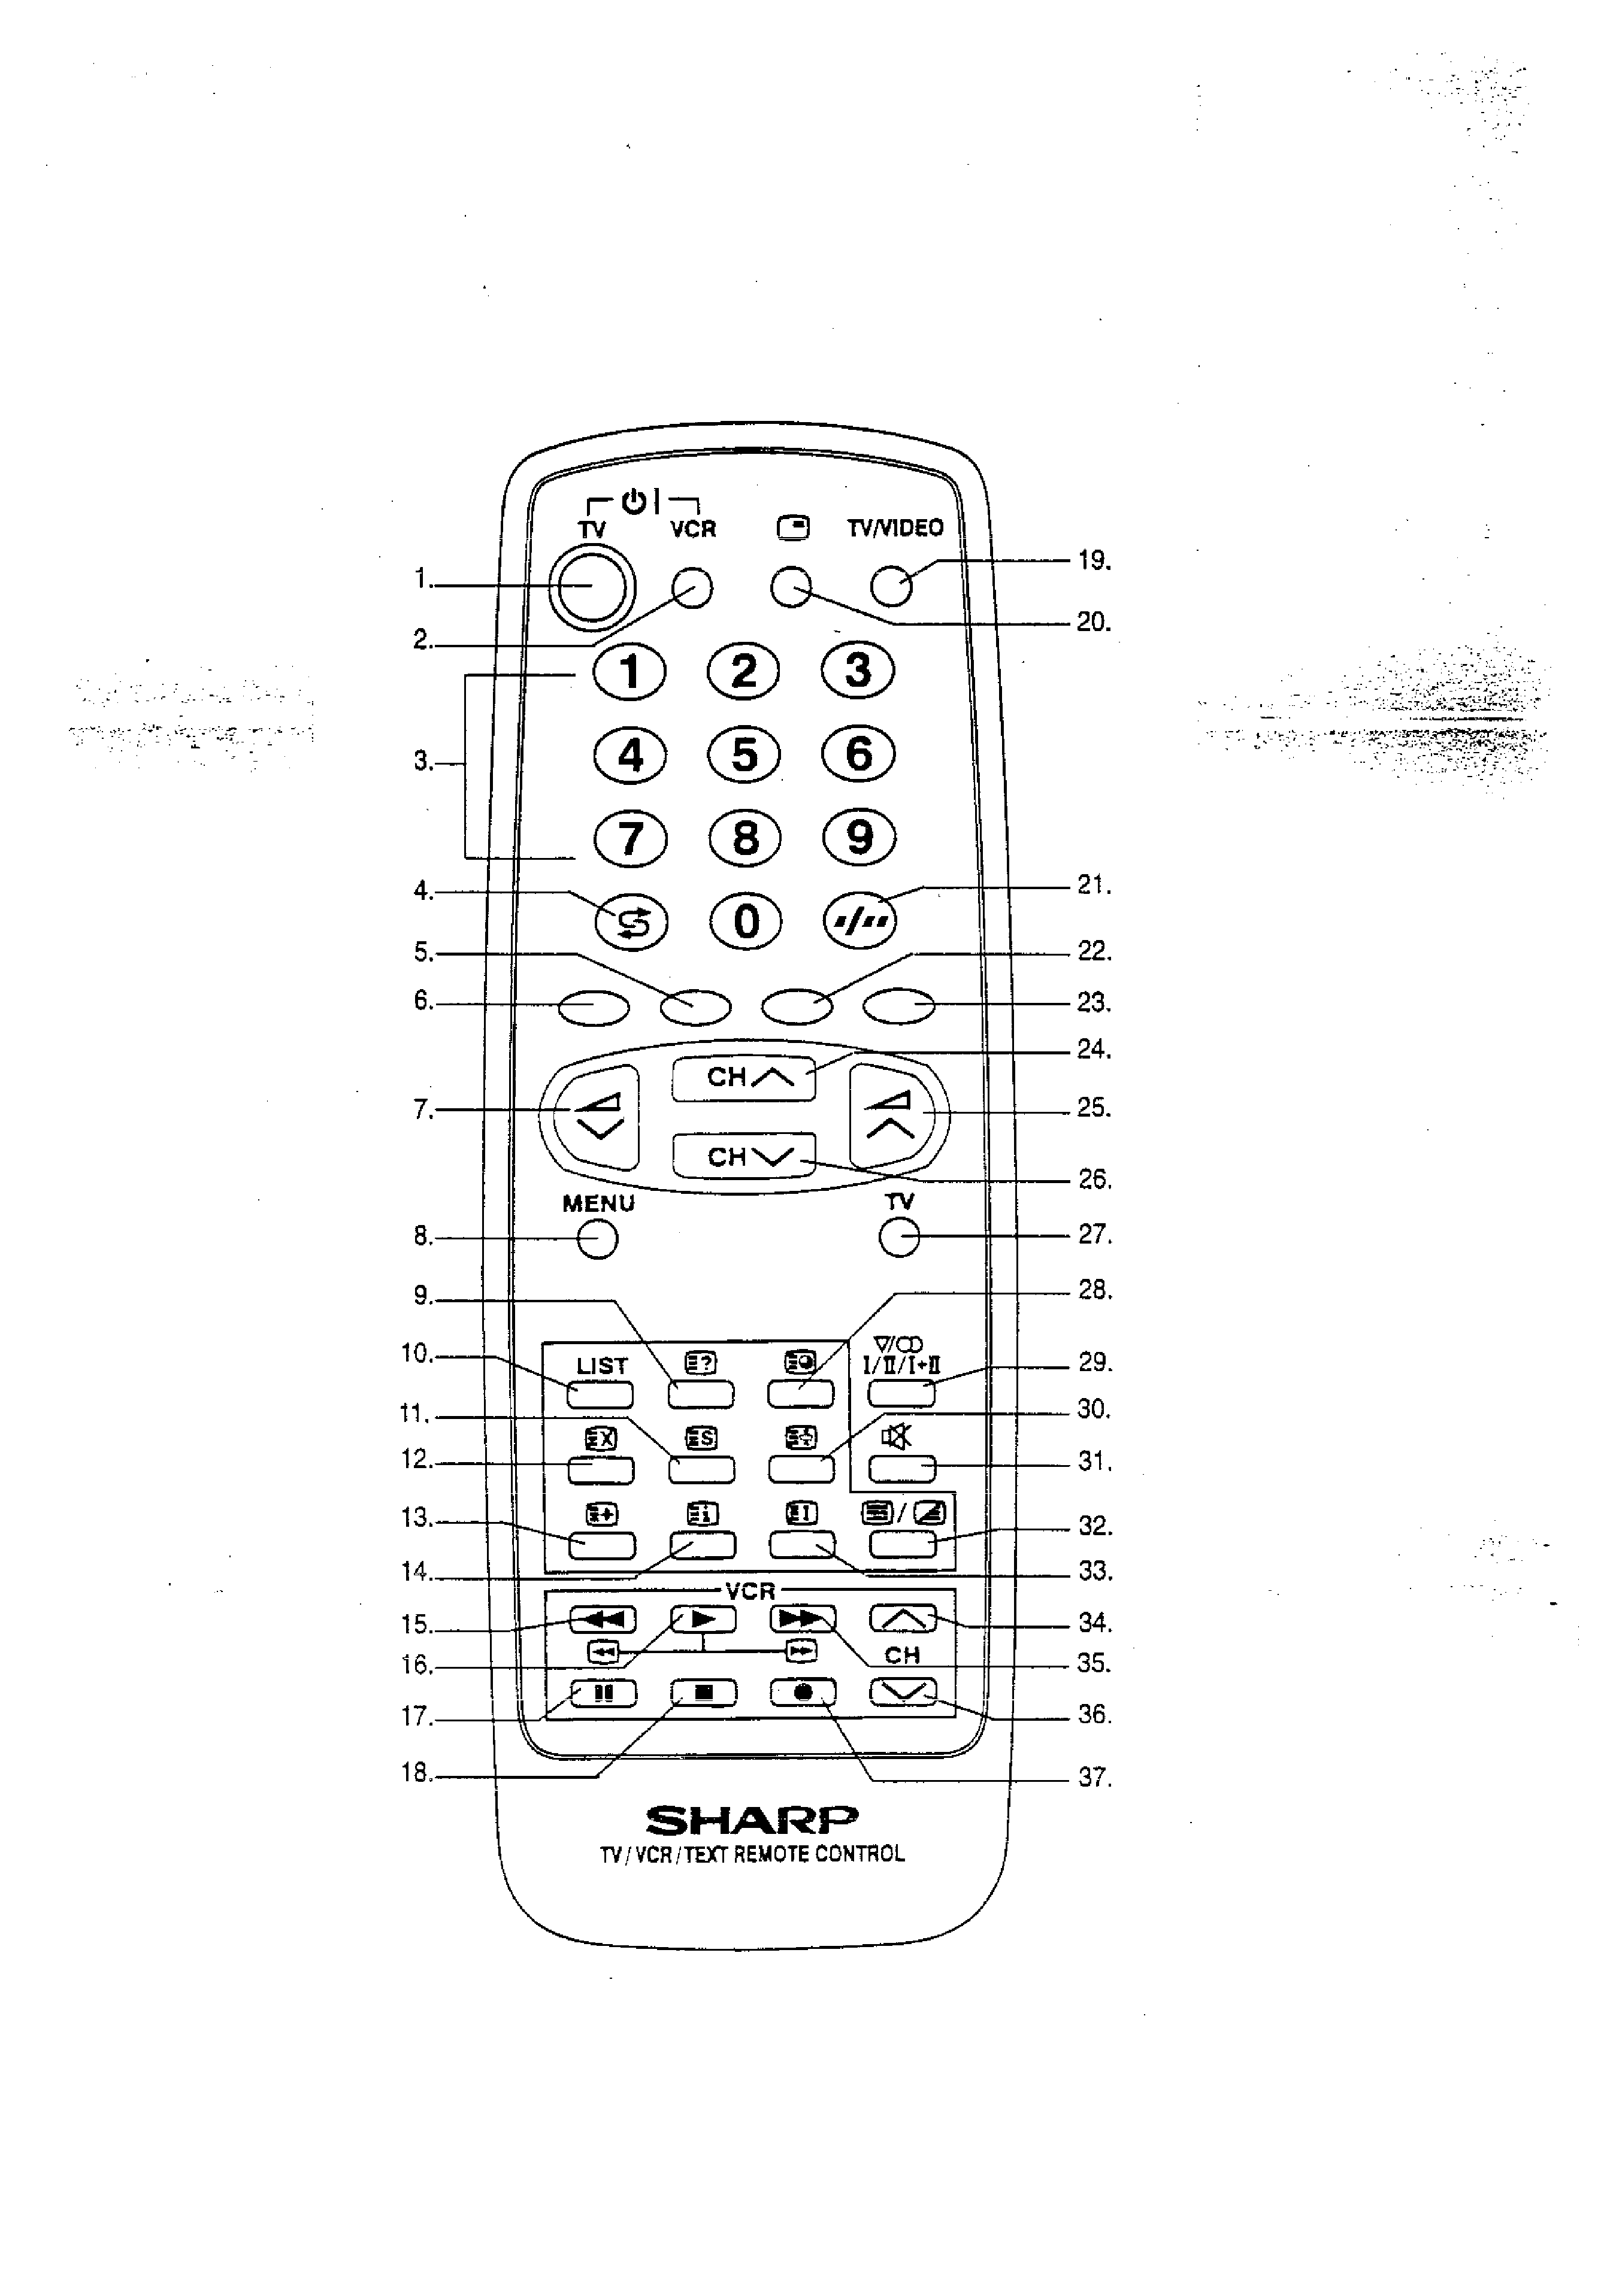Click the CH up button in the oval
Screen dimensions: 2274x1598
click(744, 1078)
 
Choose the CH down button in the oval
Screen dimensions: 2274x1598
click(744, 1156)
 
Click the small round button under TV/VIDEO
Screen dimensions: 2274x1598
click(891, 587)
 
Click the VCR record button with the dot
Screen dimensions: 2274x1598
click(803, 1693)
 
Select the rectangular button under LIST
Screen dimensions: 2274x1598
click(600, 1394)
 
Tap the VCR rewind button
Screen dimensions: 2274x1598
click(603, 1620)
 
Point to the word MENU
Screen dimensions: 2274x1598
click(598, 1203)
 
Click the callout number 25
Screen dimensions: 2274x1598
click(1094, 1108)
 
